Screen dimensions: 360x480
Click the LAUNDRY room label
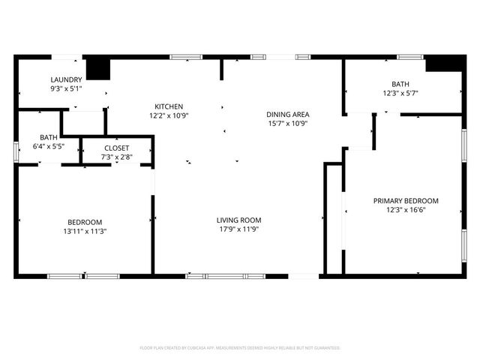click(x=66, y=79)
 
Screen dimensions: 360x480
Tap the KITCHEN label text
click(x=169, y=106)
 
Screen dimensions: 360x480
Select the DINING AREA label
click(x=288, y=115)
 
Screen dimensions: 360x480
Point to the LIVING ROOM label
click(x=238, y=220)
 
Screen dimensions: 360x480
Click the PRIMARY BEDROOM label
click(x=406, y=201)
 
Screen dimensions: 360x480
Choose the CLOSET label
click(x=116, y=148)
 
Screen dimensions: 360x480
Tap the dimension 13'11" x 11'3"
click(x=85, y=231)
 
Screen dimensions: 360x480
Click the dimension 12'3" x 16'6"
click(x=406, y=210)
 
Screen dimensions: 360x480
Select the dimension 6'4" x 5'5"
click(x=49, y=146)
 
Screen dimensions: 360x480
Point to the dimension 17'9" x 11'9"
click(x=238, y=229)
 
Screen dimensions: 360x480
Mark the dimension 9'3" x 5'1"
click(x=66, y=88)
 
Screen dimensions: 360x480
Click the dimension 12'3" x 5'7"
click(x=400, y=93)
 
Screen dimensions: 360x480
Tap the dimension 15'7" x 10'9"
click(x=288, y=124)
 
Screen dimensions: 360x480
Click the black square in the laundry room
click(x=97, y=68)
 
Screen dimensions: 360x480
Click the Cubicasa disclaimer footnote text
click(x=240, y=348)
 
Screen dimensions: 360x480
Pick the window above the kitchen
click(x=185, y=56)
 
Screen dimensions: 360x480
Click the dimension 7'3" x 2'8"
click(x=116, y=157)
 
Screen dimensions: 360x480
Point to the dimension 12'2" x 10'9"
click(x=169, y=115)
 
